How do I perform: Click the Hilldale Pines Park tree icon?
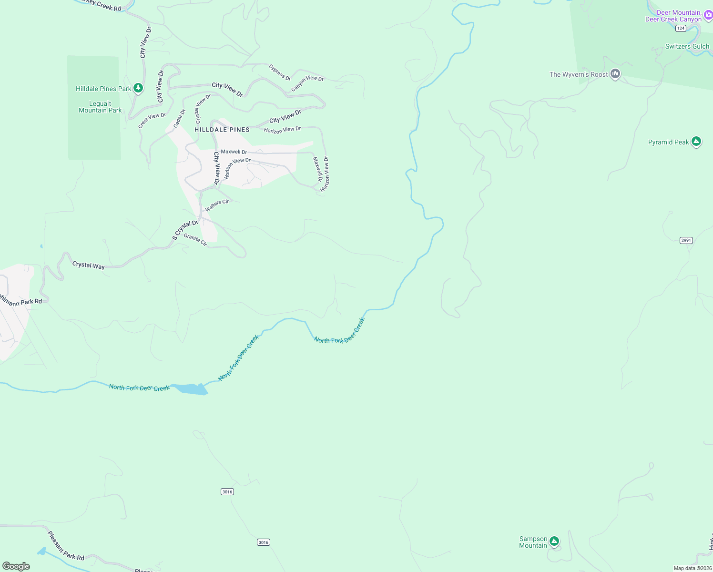(138, 88)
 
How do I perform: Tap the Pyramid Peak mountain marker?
(696, 142)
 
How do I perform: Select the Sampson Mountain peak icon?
(554, 541)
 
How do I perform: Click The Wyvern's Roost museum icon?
(615, 74)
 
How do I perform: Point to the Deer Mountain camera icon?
(708, 16)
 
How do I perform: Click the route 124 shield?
(681, 29)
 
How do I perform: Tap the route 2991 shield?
(686, 240)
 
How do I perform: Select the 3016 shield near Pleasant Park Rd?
(263, 542)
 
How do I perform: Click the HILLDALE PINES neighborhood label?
(222, 130)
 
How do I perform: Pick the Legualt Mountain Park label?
(100, 107)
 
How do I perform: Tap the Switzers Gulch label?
(687, 46)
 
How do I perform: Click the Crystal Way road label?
(88, 265)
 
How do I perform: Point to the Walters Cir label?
(217, 205)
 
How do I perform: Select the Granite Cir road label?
(195, 239)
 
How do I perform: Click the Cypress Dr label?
(280, 72)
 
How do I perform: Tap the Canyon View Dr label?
(307, 83)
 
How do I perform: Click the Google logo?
(16, 566)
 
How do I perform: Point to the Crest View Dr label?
(152, 120)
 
